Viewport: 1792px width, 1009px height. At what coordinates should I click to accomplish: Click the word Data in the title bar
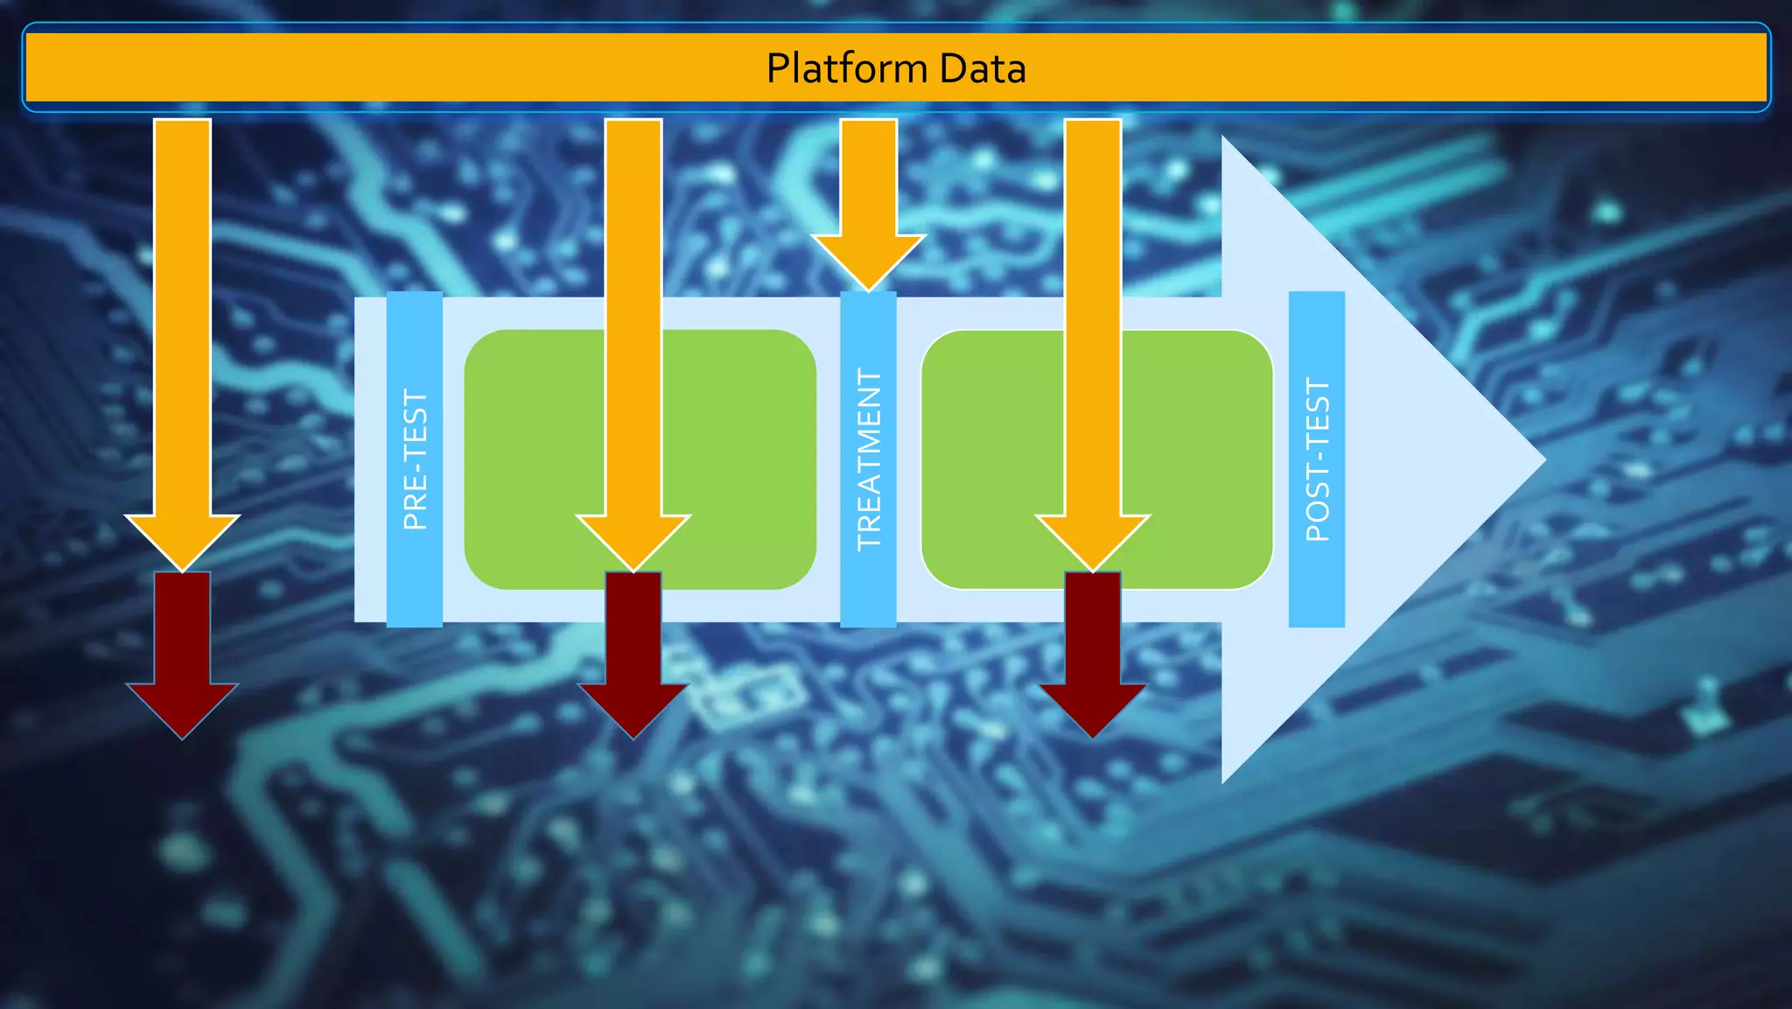pyautogui.click(x=983, y=68)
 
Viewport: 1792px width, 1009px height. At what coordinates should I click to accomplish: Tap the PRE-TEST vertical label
pyautogui.click(x=415, y=459)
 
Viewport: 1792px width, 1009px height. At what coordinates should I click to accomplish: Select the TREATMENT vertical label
pyautogui.click(x=868, y=459)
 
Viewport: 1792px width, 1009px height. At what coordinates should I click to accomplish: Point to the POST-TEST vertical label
pyautogui.click(x=1317, y=459)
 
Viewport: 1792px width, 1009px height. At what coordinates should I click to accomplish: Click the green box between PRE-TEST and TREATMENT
pyautogui.click(x=534, y=459)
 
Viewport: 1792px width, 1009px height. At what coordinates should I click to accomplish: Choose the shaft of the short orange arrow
pyautogui.click(x=868, y=175)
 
